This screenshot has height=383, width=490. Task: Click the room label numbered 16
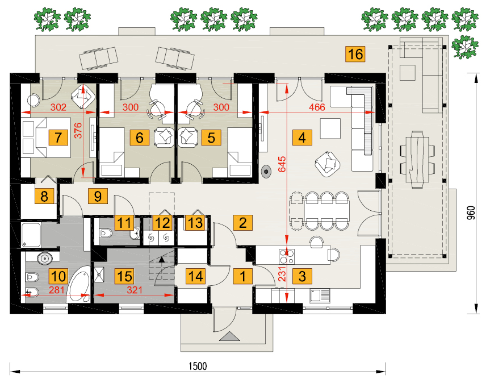click(355, 54)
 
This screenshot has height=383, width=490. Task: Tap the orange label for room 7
click(58, 138)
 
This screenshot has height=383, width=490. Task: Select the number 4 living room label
click(302, 138)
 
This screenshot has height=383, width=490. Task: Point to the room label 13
click(195, 223)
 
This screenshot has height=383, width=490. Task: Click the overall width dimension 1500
click(198, 366)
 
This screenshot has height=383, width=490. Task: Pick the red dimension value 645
click(282, 164)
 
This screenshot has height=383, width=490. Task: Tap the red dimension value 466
click(317, 107)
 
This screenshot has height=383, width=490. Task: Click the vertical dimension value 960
click(471, 213)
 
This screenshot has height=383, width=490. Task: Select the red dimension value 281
click(57, 290)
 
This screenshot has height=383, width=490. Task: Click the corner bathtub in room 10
click(79, 285)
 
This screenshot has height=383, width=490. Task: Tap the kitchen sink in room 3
click(320, 295)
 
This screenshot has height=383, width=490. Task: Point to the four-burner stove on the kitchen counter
click(287, 256)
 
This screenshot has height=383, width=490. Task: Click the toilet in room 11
click(106, 233)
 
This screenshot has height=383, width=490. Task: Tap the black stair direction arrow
click(161, 259)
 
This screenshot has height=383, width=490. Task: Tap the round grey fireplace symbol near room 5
click(266, 172)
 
